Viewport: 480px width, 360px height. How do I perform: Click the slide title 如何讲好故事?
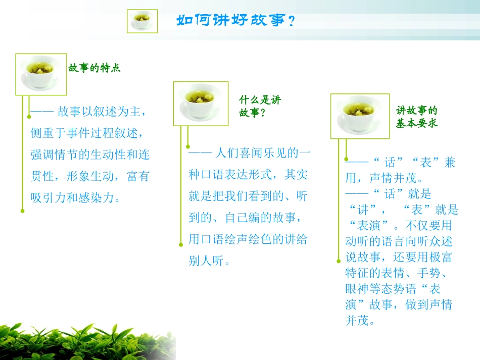click(x=235, y=21)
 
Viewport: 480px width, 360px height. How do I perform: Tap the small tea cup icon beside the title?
click(x=142, y=21)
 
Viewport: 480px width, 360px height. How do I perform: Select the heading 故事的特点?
click(x=94, y=68)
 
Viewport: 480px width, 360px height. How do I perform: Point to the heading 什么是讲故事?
click(x=259, y=106)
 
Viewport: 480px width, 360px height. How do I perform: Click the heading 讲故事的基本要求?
click(x=416, y=117)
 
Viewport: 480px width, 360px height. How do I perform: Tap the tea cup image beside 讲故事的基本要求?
click(x=360, y=116)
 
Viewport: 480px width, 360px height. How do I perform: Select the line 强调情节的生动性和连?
click(x=90, y=154)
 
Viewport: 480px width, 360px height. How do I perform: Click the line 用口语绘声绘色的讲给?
click(x=248, y=239)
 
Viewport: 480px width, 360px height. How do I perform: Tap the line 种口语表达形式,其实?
click(x=248, y=175)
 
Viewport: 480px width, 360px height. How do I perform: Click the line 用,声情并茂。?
click(x=384, y=178)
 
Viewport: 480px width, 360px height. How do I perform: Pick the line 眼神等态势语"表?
click(x=393, y=289)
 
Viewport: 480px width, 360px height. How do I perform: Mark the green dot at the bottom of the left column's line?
click(x=22, y=211)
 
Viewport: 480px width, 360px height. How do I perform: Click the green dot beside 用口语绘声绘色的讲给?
click(x=180, y=245)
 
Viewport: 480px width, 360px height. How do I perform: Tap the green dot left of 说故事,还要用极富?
click(x=338, y=261)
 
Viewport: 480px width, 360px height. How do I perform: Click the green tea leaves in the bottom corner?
click(x=76, y=341)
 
